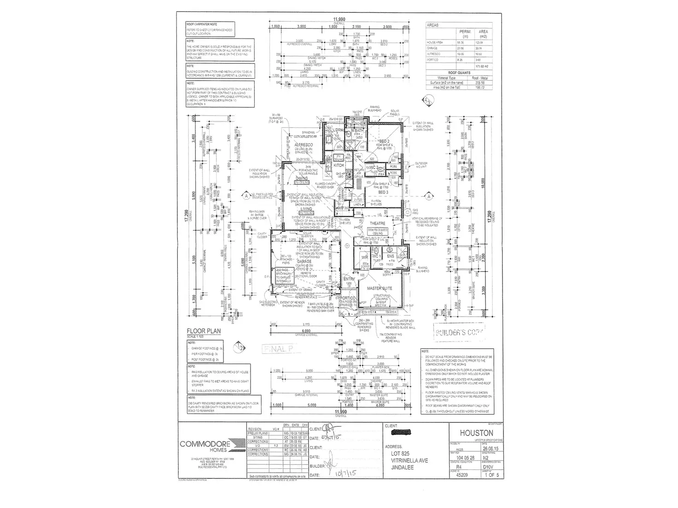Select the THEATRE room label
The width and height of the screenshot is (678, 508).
(x=377, y=223)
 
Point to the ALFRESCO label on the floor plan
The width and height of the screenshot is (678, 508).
(x=304, y=145)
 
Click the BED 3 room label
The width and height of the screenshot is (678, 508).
(x=383, y=192)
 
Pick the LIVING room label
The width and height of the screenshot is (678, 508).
(x=306, y=209)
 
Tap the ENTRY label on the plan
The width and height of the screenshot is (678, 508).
(x=349, y=279)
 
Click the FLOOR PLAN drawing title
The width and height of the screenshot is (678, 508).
(x=203, y=331)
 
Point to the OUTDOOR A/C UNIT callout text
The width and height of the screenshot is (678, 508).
(x=421, y=165)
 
